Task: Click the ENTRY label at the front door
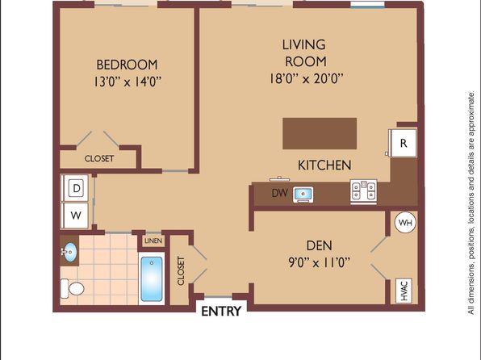(221, 312)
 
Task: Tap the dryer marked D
(76, 188)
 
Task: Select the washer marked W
(76, 216)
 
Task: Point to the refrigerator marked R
(403, 144)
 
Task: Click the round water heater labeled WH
(405, 223)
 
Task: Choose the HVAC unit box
(404, 291)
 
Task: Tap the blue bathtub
(152, 279)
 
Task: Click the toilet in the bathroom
(73, 288)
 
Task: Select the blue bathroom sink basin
(70, 252)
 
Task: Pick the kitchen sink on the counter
(303, 195)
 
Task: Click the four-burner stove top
(363, 190)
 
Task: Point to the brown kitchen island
(320, 133)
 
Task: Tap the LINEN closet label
(153, 241)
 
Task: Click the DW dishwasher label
(280, 193)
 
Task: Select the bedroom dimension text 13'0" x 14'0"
(128, 82)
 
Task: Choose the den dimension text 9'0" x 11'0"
(320, 262)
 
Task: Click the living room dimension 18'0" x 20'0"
(306, 78)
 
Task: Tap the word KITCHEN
(324, 165)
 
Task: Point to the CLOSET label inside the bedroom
(99, 159)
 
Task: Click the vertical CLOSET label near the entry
(181, 271)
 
